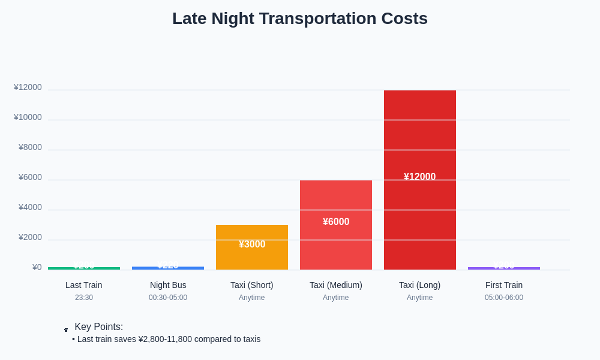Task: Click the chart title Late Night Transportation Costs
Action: click(x=300, y=19)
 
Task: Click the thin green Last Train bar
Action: click(x=84, y=268)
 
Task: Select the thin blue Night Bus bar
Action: click(x=168, y=268)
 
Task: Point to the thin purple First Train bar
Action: click(x=504, y=268)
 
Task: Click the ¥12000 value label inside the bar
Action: click(x=420, y=177)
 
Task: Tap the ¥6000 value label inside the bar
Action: click(x=336, y=222)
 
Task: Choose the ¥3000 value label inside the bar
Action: click(x=252, y=244)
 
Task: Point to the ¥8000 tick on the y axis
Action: click(x=30, y=148)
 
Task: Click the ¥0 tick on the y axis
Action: click(x=37, y=268)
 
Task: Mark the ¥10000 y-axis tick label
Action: click(x=28, y=118)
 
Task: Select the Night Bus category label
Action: click(x=168, y=285)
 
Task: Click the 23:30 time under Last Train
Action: click(x=84, y=298)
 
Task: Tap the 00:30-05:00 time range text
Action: click(x=168, y=298)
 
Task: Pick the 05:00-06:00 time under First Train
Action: click(x=504, y=298)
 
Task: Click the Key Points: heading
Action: click(x=99, y=327)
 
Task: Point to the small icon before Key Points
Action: click(x=66, y=329)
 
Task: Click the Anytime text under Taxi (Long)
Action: click(x=420, y=298)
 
